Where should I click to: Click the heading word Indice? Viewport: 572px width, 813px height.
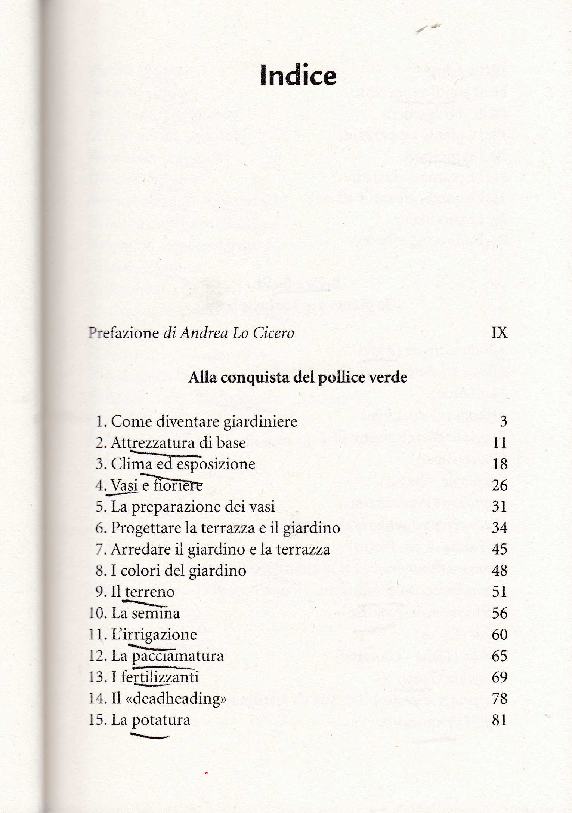click(298, 76)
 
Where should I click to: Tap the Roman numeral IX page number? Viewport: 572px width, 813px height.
click(500, 332)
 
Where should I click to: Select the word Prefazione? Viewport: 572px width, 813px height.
click(124, 333)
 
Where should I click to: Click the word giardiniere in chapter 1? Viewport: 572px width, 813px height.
click(260, 422)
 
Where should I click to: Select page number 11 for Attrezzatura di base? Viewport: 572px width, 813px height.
click(500, 443)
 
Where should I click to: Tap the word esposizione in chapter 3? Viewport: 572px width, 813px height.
click(216, 464)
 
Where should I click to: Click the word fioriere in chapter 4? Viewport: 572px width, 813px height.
click(178, 485)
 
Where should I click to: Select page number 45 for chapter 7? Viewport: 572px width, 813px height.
click(500, 549)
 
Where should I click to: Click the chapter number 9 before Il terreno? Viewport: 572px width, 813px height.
click(100, 592)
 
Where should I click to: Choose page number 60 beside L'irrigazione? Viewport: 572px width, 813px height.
click(500, 635)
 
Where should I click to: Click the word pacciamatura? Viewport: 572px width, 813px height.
click(178, 656)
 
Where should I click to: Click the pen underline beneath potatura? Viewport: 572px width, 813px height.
click(149, 736)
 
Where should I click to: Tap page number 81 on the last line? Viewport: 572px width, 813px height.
click(500, 720)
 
